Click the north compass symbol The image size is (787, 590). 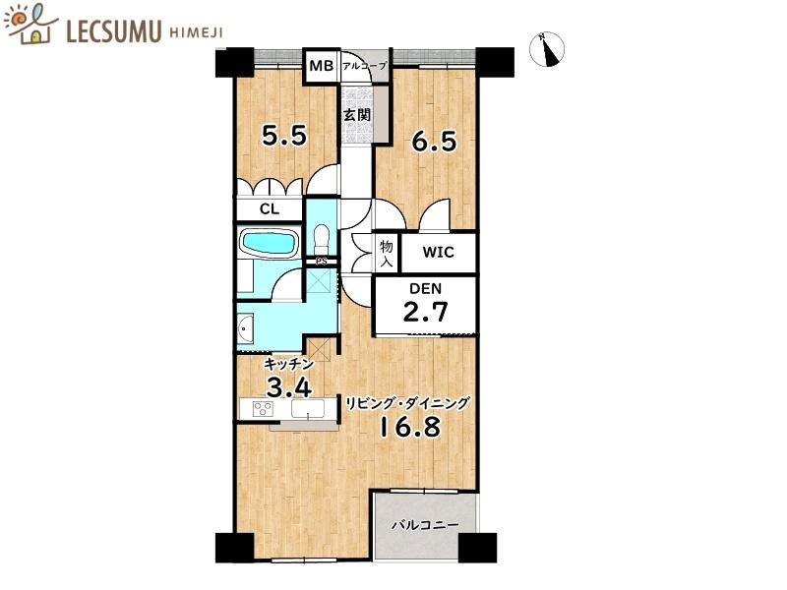548,50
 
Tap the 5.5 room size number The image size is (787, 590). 284,135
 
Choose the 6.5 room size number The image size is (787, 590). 433,141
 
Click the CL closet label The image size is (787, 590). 269,208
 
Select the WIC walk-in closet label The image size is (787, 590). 438,252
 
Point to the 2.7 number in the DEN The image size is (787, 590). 426,314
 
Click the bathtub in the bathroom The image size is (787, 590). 269,242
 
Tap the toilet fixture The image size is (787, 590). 321,237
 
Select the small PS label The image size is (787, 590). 320,261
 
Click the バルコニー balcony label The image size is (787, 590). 425,525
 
